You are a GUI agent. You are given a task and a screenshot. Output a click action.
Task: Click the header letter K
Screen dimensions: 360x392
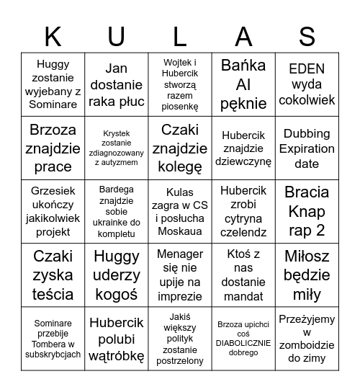coord(53,35)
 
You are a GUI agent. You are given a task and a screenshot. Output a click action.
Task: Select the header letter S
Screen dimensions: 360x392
coord(307,35)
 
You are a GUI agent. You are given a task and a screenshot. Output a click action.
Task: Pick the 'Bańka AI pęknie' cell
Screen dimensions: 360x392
coord(243,84)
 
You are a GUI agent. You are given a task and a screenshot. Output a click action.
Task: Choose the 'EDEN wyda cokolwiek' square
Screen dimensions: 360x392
coord(307,84)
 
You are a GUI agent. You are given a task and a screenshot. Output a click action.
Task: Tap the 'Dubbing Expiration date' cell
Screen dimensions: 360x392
coord(307,148)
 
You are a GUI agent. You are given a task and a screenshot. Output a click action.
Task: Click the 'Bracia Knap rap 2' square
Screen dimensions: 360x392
coord(307,211)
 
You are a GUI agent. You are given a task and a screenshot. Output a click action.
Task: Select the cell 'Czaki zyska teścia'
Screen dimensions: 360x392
coord(53,275)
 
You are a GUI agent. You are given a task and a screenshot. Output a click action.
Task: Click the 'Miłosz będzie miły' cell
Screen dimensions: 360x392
coord(307,275)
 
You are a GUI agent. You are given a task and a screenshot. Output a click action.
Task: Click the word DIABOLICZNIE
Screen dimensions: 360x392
coord(243,343)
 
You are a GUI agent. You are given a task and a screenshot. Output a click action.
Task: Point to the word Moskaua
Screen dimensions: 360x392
coord(179,231)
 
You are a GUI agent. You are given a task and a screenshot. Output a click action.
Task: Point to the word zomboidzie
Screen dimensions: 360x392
coord(307,345)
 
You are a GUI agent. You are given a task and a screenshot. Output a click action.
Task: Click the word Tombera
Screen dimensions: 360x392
coord(53,344)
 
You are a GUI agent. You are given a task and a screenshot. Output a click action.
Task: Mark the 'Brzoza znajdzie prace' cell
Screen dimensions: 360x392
coord(53,148)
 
